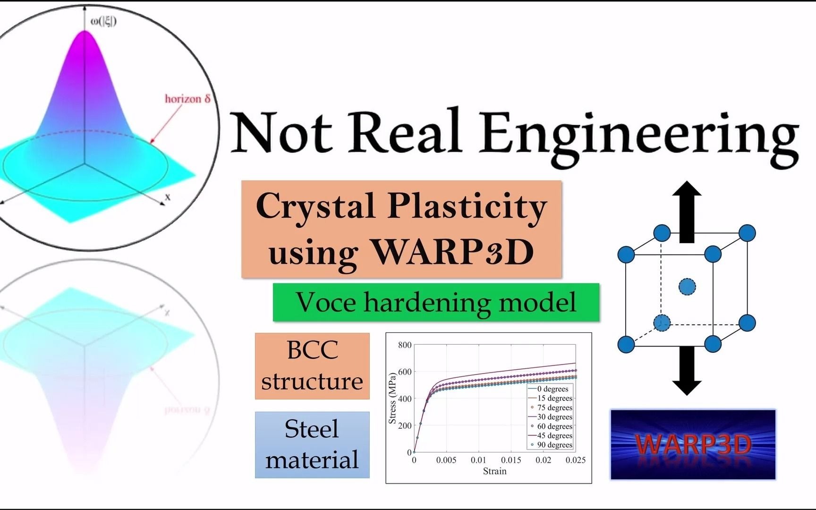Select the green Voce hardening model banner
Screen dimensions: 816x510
point(436,302)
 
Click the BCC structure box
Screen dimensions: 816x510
point(312,366)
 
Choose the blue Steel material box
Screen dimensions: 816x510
point(312,445)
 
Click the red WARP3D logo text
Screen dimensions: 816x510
point(693,444)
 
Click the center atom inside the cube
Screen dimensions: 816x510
point(687,287)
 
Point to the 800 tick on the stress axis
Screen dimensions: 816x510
point(405,345)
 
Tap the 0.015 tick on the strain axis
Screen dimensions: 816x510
point(511,460)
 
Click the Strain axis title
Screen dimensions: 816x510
point(494,471)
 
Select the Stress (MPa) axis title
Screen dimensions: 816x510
point(392,399)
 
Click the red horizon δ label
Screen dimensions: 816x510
point(187,99)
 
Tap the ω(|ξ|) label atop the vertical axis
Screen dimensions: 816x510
point(103,21)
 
